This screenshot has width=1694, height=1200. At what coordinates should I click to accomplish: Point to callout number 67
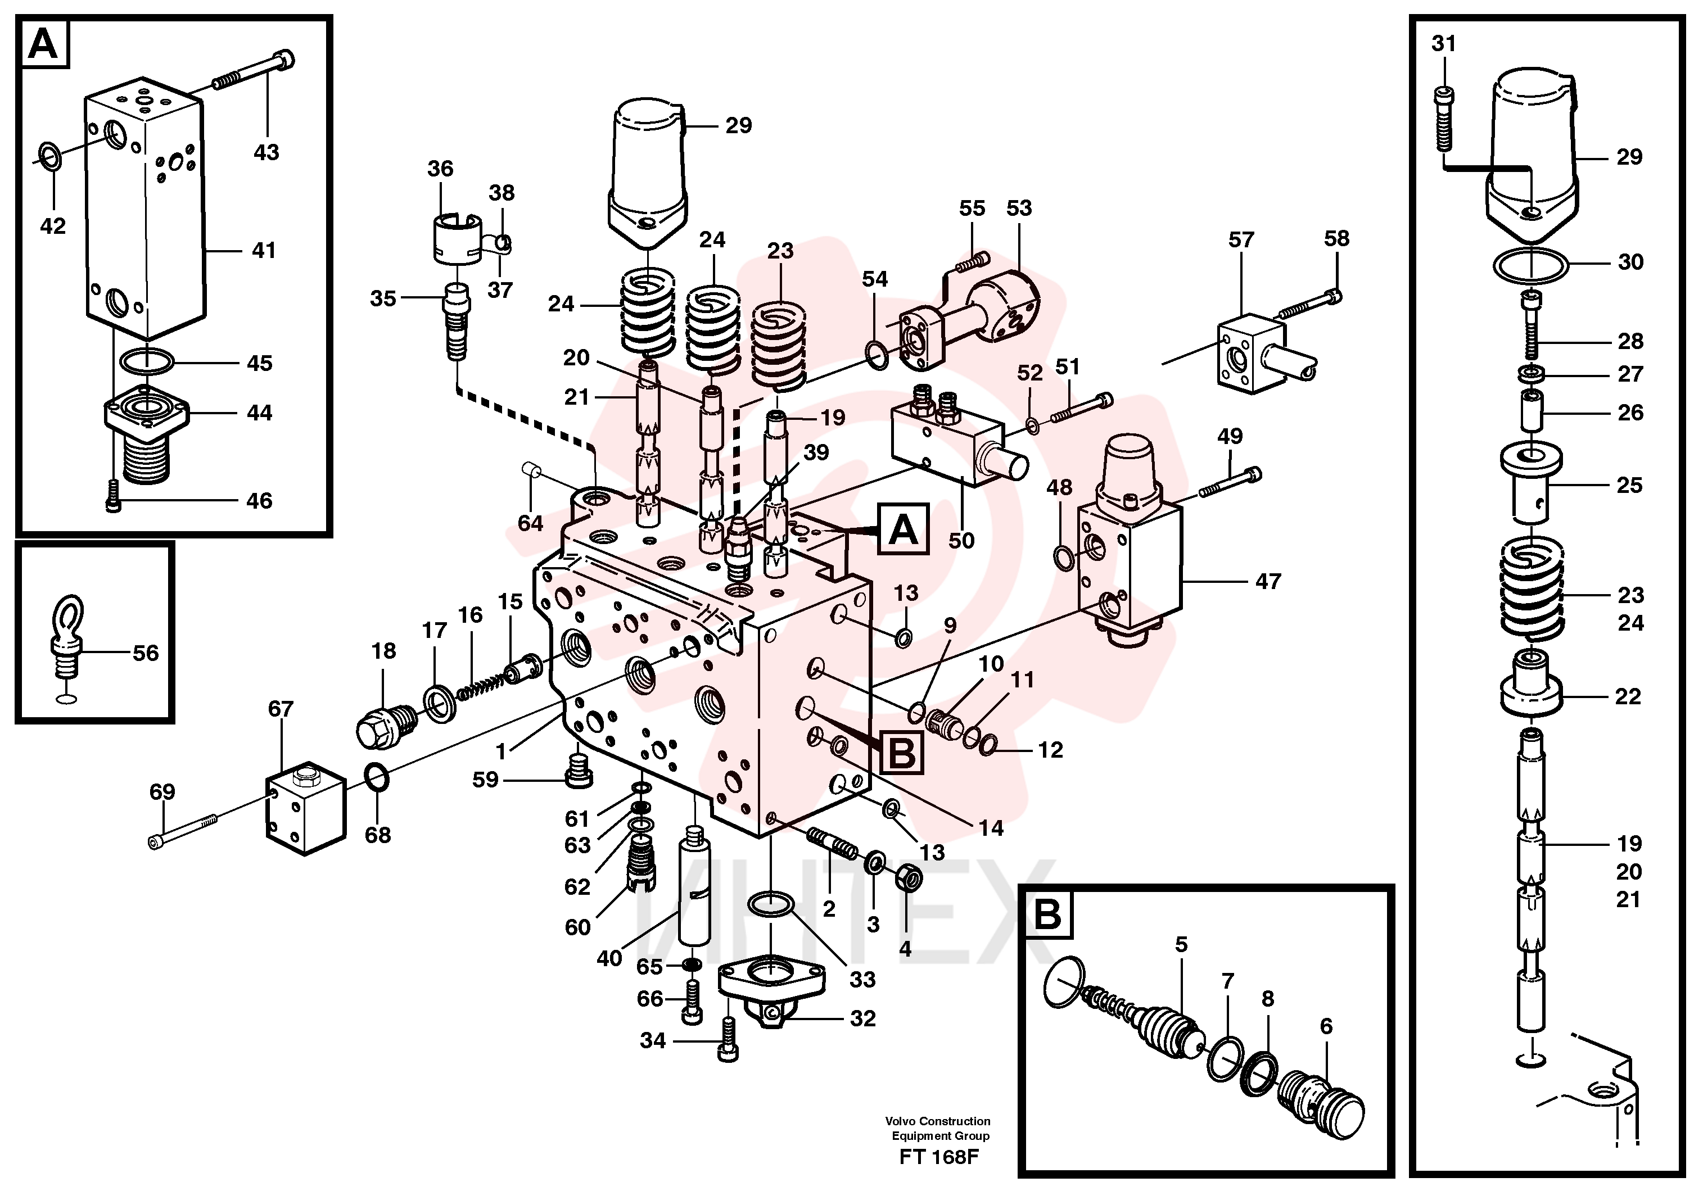point(281,709)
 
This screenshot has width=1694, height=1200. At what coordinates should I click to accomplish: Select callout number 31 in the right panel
point(1443,44)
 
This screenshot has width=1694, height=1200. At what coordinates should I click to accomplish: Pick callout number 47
point(1268,582)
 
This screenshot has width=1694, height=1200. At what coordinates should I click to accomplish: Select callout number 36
point(440,169)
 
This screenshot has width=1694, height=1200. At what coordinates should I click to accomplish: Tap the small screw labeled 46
point(113,495)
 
